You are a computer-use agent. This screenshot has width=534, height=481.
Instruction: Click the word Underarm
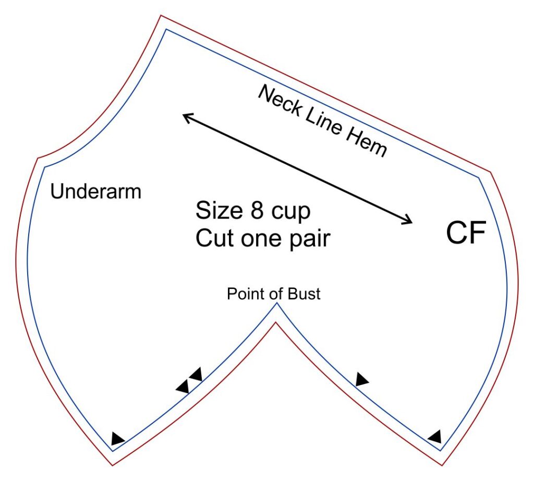coord(96,192)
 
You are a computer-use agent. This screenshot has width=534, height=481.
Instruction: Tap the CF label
coord(466,233)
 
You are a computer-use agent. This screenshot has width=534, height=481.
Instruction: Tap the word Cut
coord(214,238)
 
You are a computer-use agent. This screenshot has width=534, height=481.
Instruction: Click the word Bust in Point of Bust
coord(303,294)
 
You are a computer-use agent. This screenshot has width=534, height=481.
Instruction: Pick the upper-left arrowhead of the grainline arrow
coord(185,117)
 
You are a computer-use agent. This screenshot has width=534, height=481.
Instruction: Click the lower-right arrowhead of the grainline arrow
coord(408,222)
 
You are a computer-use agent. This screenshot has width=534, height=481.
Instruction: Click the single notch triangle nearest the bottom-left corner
coord(117,439)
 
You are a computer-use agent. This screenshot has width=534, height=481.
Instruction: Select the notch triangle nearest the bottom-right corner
coord(435,436)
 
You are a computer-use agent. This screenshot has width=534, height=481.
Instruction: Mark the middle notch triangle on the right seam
coord(361,380)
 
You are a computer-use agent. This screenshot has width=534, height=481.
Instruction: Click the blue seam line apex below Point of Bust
coord(276,303)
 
